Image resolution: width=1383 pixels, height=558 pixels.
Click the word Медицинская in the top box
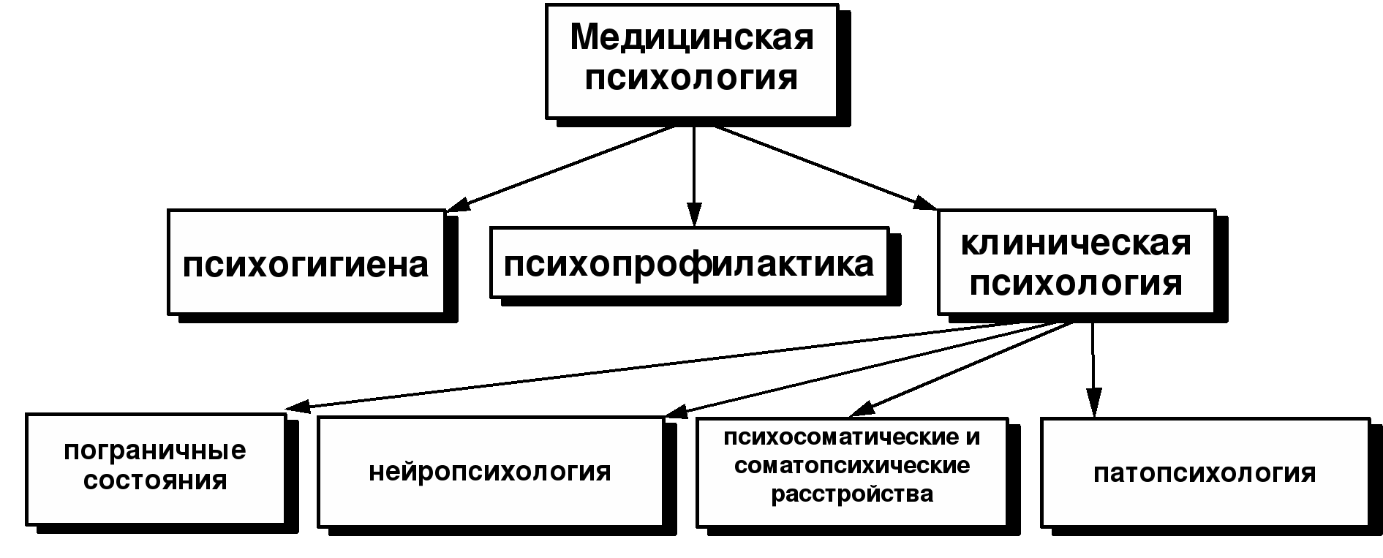click(691, 37)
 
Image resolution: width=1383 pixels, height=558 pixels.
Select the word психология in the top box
click(691, 78)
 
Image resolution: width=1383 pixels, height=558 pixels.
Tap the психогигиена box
click(306, 263)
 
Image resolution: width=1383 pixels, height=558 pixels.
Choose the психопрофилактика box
click(689, 263)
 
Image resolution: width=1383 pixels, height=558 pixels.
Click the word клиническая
click(1076, 244)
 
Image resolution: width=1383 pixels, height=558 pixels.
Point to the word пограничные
click(155, 450)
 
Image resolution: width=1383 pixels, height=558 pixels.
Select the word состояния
click(155, 480)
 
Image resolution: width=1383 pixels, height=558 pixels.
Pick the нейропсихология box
click(490, 472)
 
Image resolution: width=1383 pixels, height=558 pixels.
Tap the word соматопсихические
click(852, 466)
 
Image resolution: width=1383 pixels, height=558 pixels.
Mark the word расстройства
click(852, 494)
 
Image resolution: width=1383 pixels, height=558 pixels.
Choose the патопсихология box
click(1205, 473)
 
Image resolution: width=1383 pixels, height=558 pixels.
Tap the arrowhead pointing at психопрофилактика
click(694, 214)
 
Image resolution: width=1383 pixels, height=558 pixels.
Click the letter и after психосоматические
click(973, 437)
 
